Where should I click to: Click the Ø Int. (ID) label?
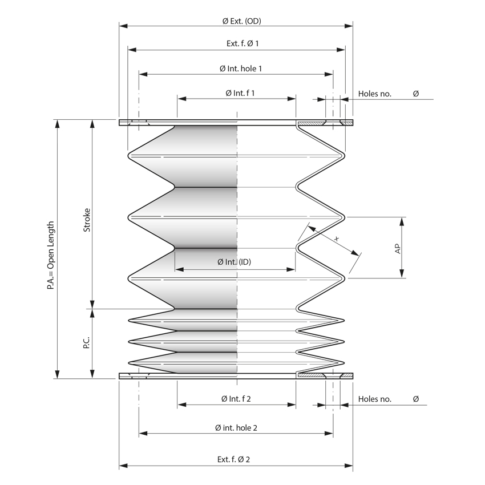(x=235, y=262)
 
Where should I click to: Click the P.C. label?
(x=87, y=343)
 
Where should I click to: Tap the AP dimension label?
(x=398, y=248)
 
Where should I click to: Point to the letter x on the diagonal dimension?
(x=337, y=239)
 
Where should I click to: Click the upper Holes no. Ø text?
(x=388, y=93)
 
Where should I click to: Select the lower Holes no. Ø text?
(x=388, y=399)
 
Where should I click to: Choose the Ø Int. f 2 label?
(x=236, y=399)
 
